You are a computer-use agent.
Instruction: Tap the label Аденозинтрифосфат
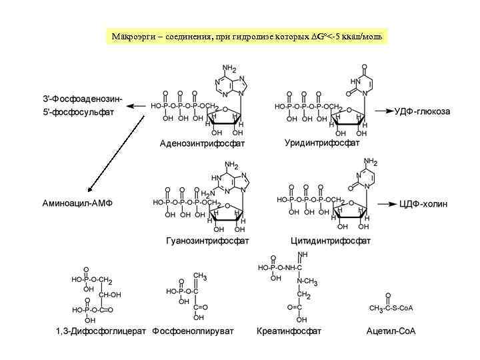tap(202, 143)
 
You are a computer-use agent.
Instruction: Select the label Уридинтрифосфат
tap(321, 143)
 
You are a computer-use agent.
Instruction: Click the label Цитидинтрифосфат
tap(331, 240)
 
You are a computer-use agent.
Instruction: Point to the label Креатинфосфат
tap(289, 331)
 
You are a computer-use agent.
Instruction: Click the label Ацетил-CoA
tap(391, 331)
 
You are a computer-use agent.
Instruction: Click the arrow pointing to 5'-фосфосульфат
tap(136, 106)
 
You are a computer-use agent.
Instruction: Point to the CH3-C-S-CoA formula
tap(391, 307)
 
